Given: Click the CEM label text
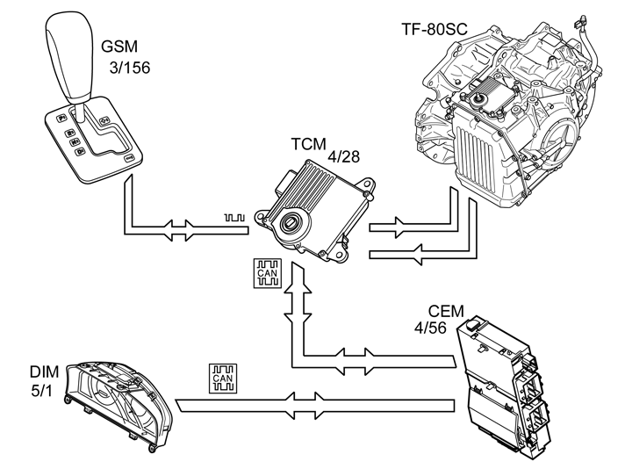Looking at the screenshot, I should (x=445, y=312).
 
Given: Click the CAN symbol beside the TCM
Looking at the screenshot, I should (x=267, y=273).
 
